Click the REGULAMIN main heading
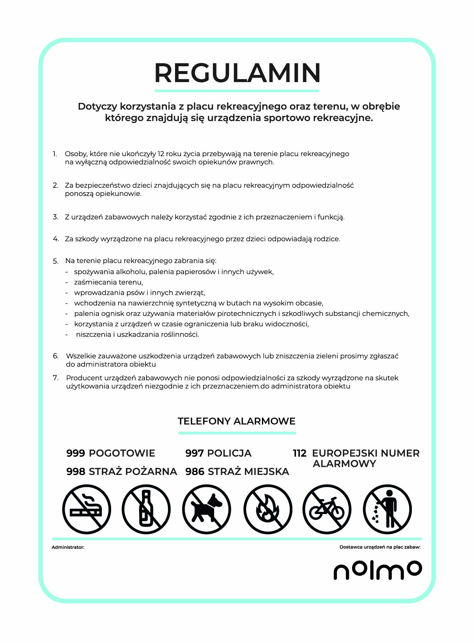(237, 73)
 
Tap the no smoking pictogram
(87, 509)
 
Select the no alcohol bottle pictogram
(146, 509)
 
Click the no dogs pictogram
(207, 509)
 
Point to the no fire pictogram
(268, 509)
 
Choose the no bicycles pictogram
(327, 509)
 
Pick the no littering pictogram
(387, 509)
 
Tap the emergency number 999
(76, 453)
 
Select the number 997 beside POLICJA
(194, 453)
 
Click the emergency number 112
(300, 453)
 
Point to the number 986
(195, 472)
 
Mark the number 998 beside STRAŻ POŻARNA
(76, 472)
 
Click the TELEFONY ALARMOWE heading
(237, 421)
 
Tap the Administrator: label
(68, 547)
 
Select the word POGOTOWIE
(122, 453)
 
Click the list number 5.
(56, 261)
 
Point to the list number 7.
(56, 378)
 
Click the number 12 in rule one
(161, 154)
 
